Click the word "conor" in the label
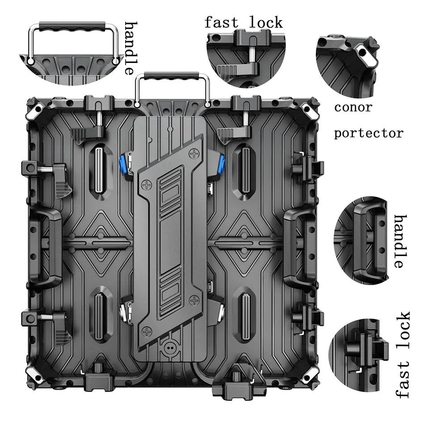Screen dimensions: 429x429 [x=353, y=107]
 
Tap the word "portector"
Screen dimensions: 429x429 [x=369, y=133]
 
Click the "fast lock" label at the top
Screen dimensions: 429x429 [x=244, y=22]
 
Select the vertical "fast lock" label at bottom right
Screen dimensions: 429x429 [x=403, y=355]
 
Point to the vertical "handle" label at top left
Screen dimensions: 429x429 [x=131, y=48]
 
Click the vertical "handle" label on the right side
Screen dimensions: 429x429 [x=400, y=241]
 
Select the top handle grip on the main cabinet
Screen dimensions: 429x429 [x=172, y=76]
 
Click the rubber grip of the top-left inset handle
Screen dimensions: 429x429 [x=72, y=26]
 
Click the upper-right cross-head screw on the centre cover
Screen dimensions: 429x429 [x=194, y=154]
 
